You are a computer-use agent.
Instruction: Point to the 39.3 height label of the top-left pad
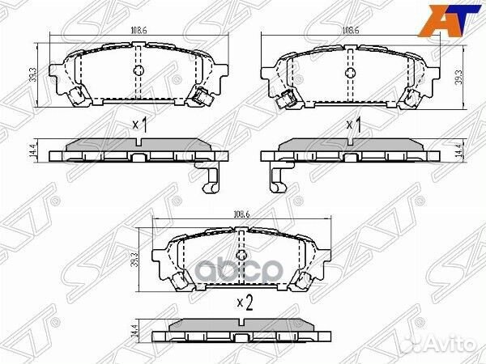(33, 75)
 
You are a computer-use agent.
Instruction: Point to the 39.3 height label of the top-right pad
(458, 75)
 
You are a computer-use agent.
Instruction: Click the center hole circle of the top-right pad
(351, 71)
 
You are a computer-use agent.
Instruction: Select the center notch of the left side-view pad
(139, 143)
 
